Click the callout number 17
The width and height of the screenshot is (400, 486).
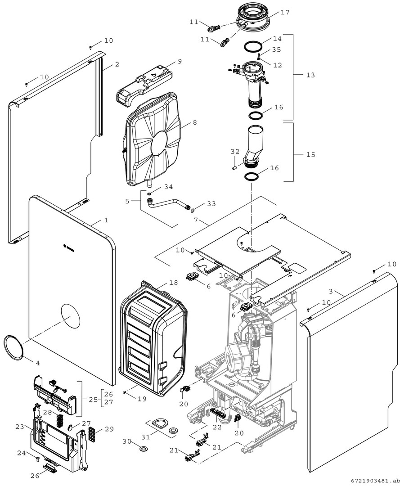tap(285, 12)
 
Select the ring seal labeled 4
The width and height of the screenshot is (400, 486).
tap(13, 347)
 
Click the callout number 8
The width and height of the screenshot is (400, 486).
tap(194, 122)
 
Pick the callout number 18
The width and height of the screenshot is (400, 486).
tap(174, 282)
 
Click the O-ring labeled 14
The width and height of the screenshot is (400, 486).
tap(253, 46)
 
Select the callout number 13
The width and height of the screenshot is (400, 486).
tap(310, 75)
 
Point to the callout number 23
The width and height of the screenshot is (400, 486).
tap(19, 427)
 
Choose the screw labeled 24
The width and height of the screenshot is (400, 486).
tap(37, 458)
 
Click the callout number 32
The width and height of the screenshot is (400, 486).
tap(235, 151)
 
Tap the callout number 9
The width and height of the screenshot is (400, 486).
tap(180, 61)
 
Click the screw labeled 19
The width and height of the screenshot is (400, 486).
tap(124, 393)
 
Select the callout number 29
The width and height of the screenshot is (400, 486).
tap(109, 429)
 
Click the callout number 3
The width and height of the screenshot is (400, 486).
tap(331, 291)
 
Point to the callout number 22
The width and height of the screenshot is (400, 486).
tap(217, 427)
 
